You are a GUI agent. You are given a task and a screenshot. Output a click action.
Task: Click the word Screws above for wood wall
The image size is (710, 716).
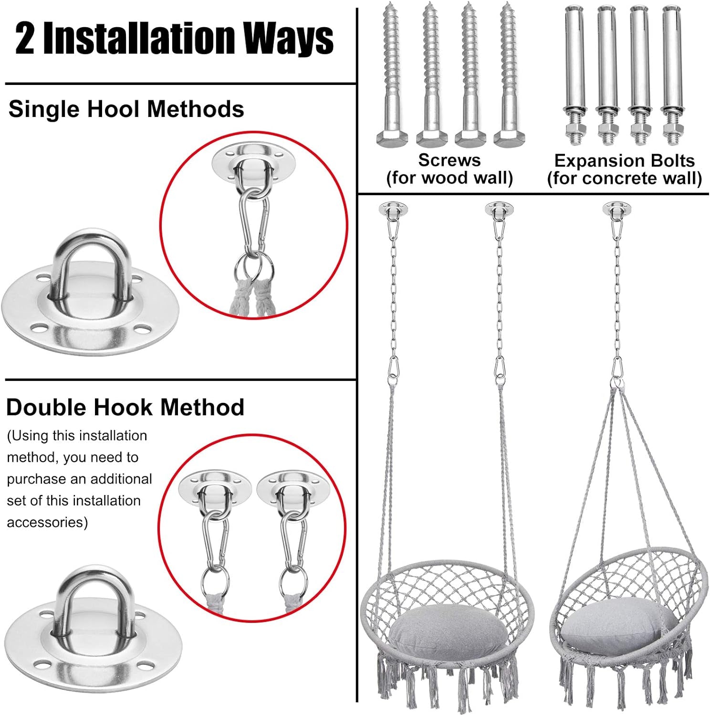click(449, 160)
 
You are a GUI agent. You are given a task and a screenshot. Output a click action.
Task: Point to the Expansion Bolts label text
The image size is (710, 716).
click(624, 161)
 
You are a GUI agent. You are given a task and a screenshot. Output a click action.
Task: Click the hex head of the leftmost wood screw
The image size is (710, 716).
click(392, 138)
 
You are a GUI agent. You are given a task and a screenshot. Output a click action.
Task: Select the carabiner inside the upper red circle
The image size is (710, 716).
click(254, 224)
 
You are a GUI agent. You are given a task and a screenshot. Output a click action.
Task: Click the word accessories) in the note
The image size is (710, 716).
click(47, 522)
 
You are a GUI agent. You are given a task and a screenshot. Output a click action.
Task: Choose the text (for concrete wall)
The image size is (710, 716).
click(624, 179)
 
